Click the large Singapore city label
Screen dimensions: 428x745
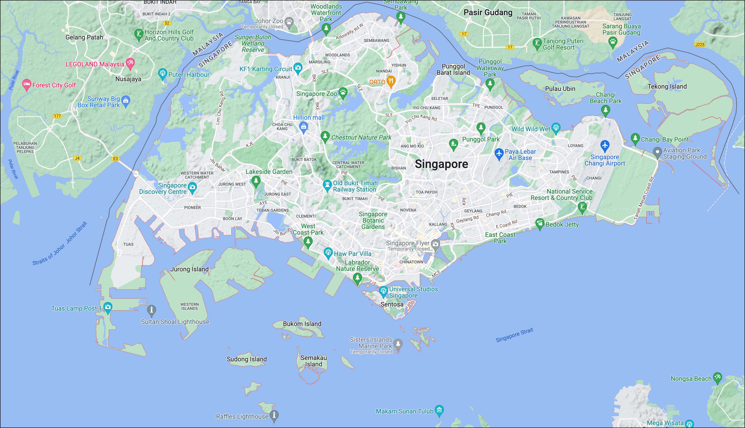click(x=441, y=164)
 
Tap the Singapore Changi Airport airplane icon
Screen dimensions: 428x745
click(x=605, y=145)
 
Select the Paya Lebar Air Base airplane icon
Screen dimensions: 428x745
click(x=499, y=153)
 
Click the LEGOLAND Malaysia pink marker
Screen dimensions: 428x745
click(x=130, y=63)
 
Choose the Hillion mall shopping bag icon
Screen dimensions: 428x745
click(x=303, y=127)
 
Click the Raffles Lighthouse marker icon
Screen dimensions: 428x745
click(x=274, y=415)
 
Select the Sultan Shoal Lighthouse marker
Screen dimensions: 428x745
click(x=152, y=309)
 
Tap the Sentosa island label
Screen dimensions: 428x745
click(x=392, y=304)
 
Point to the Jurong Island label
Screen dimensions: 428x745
click(x=189, y=269)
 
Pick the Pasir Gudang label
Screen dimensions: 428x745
click(x=488, y=12)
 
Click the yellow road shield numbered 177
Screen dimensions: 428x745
click(x=57, y=116)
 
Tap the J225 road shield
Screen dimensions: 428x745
click(x=700, y=45)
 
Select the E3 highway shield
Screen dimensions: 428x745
click(x=116, y=159)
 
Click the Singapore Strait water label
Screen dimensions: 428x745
click(x=514, y=335)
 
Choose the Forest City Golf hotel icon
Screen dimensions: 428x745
click(x=27, y=84)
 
